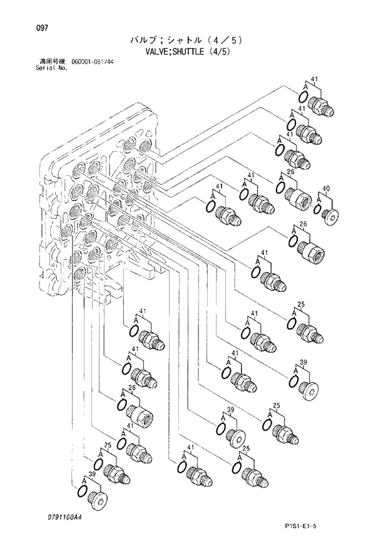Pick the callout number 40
(x=325, y=188)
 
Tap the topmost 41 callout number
(x=315, y=80)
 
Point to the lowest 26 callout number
(x=132, y=388)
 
